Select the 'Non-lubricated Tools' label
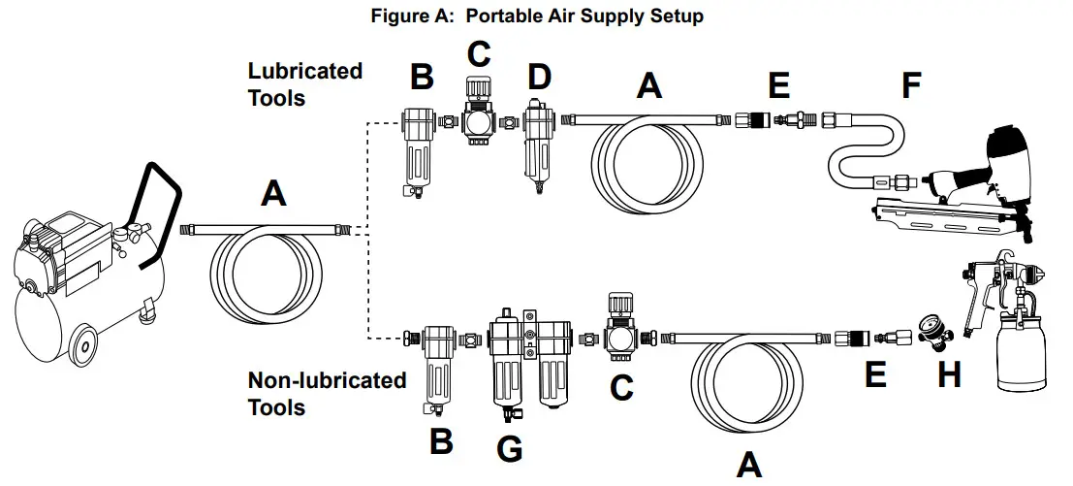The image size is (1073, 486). click(327, 392)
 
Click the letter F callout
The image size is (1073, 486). click(910, 85)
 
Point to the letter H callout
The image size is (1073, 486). click(948, 373)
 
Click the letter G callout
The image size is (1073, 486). click(509, 448)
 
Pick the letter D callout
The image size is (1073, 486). click(538, 77)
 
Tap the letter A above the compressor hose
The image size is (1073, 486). click(274, 195)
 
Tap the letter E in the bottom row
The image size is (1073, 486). click(875, 373)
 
